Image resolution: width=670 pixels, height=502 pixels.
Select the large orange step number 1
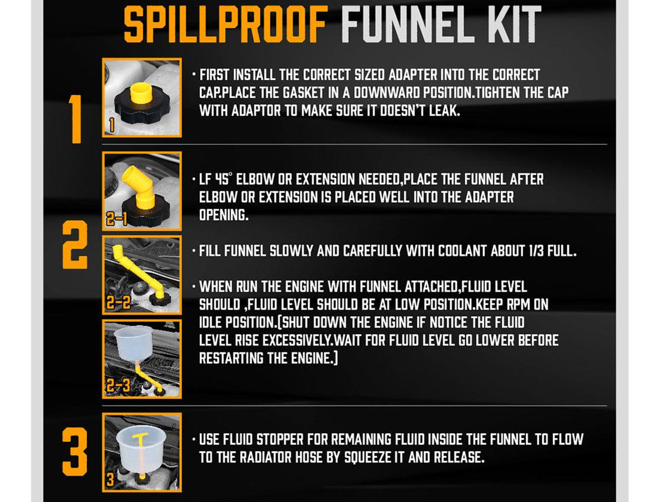(x=75, y=119)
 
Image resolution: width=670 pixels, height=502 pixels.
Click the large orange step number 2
(x=75, y=245)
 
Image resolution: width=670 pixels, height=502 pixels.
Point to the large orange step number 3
(x=75, y=452)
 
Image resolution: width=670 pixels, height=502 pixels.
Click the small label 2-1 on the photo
(x=117, y=219)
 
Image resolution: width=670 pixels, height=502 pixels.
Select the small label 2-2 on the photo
(x=118, y=302)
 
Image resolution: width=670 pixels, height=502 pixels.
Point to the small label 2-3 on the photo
(x=118, y=385)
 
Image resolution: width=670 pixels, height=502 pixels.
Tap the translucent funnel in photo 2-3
(x=133, y=343)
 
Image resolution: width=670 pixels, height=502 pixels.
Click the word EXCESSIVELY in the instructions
(x=297, y=340)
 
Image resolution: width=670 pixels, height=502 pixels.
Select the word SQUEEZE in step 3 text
(x=367, y=457)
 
